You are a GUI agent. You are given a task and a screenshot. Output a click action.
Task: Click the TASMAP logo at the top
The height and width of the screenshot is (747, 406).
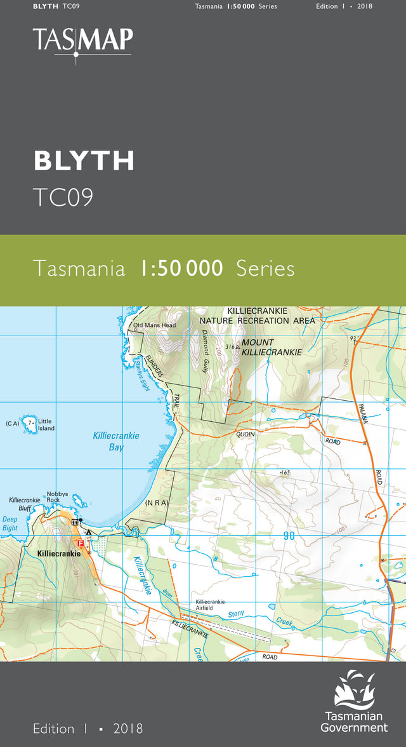83,41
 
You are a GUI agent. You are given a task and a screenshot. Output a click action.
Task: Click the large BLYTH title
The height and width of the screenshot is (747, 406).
84,161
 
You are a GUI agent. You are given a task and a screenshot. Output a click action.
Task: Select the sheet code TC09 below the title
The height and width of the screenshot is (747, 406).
63,198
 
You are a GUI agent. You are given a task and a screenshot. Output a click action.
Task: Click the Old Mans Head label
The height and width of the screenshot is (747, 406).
154,326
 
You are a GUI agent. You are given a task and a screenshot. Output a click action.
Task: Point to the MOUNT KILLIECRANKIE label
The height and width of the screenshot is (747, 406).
267,347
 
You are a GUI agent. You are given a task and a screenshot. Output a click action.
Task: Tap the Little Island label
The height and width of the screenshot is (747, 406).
46,425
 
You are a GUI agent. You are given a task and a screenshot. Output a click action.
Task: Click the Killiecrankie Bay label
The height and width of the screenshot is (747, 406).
116,441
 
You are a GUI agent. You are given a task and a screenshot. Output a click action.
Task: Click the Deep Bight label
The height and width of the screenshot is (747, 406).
10,523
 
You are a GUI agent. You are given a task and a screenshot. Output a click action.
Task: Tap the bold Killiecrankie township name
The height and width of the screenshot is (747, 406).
59,554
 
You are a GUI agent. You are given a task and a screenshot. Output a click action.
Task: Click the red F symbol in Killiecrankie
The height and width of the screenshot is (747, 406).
80,543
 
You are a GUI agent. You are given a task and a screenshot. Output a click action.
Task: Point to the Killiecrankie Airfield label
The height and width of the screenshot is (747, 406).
210,605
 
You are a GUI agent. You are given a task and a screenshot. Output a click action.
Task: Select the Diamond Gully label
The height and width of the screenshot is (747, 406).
206,351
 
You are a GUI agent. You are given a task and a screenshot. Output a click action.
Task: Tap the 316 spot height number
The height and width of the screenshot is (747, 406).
229,347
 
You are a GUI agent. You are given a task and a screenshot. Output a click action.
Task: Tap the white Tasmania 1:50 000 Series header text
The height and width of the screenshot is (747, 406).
236,6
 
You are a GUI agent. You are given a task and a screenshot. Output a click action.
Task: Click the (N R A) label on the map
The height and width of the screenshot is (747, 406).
155,503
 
